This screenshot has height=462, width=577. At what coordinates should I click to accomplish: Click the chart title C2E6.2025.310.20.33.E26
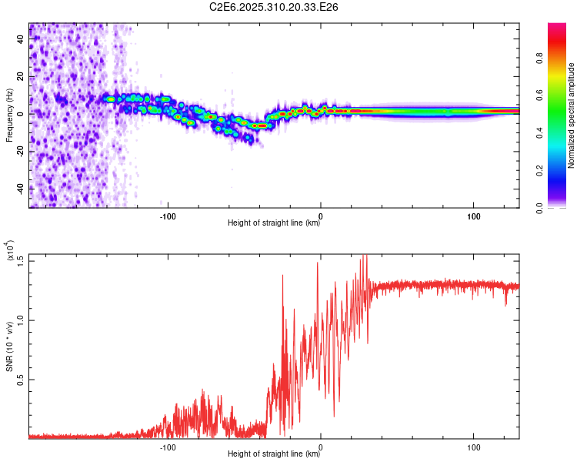click(275, 7)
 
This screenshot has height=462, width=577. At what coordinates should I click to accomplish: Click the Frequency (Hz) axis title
click(9, 115)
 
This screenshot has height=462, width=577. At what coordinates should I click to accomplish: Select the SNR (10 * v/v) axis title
click(9, 346)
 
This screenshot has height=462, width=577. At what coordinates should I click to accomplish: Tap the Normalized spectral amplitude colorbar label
click(572, 115)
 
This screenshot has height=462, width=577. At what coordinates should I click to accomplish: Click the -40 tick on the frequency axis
click(19, 189)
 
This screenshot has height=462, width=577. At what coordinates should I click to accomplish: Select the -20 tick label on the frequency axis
click(19, 151)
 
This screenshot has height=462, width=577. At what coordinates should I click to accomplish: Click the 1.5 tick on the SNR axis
click(19, 259)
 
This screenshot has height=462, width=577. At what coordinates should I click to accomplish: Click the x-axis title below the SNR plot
click(274, 454)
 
